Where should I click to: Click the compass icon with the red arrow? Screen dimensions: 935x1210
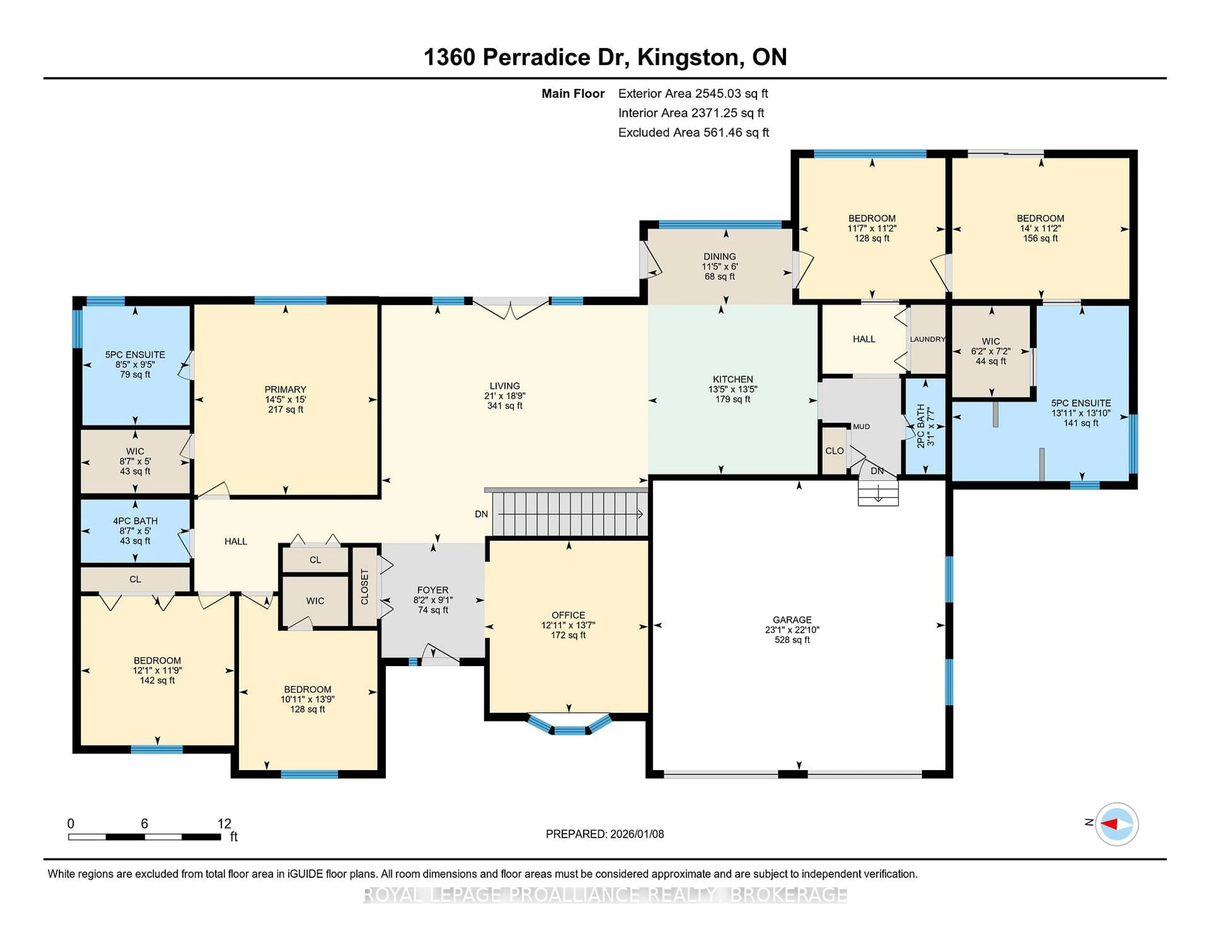pos(1116,824)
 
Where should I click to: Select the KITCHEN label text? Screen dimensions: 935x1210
pos(732,379)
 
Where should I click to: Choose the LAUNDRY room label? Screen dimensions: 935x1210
pos(927,339)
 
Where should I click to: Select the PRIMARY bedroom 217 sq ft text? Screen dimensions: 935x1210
pos(285,409)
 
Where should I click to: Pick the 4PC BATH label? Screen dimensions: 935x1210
pos(135,521)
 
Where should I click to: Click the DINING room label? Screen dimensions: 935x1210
pos(720,256)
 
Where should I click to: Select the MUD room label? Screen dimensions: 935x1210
pos(861,427)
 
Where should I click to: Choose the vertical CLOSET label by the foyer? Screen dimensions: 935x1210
pos(365,587)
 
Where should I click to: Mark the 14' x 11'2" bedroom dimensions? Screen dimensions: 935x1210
pos(1040,228)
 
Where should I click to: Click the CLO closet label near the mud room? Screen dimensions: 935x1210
pos(834,451)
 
